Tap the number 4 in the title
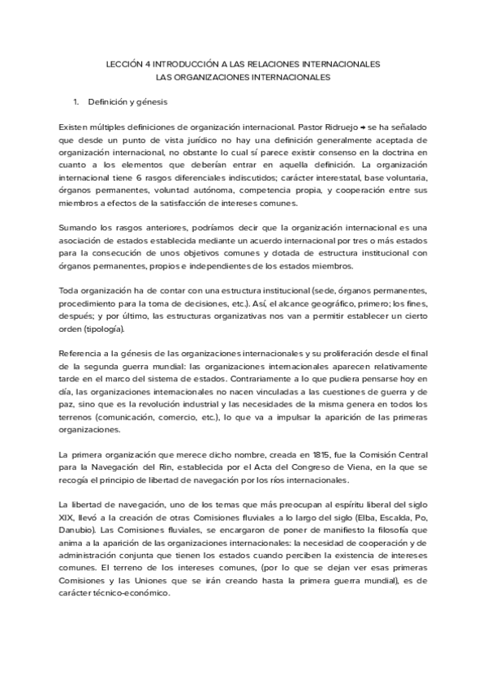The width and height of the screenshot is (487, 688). click(x=153, y=62)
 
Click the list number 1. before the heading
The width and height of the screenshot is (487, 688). click(x=76, y=103)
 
